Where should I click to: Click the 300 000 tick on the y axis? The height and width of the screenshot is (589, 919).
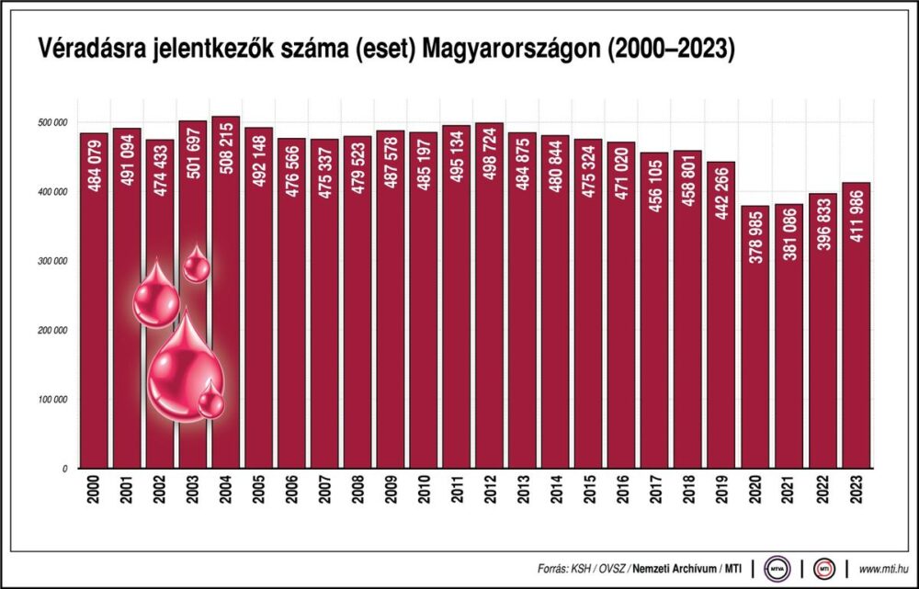click(53, 261)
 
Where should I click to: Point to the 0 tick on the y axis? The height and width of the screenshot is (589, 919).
click(64, 469)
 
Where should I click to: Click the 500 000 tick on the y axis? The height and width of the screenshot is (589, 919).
click(53, 122)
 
